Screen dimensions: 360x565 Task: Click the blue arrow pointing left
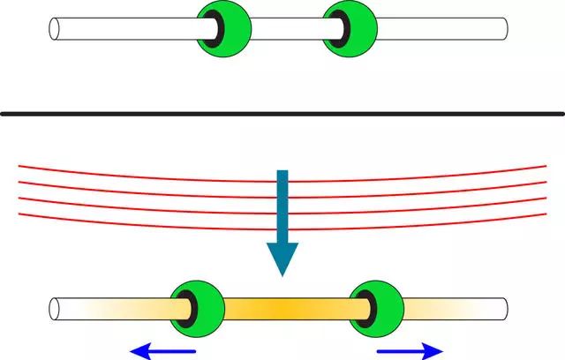click(x=162, y=352)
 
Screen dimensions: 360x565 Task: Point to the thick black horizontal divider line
click(x=282, y=113)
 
